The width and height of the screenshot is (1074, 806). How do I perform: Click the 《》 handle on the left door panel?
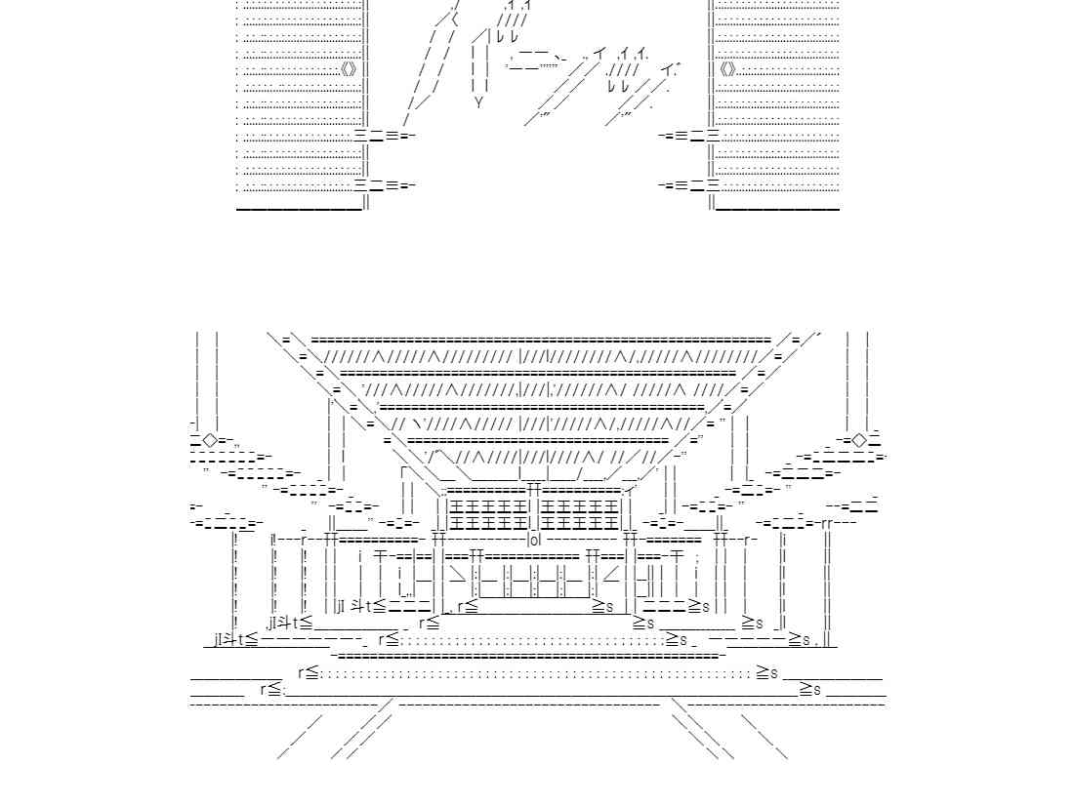[350, 69]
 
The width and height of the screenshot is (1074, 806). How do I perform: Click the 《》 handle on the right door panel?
[727, 69]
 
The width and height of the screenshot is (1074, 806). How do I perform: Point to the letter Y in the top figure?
[478, 101]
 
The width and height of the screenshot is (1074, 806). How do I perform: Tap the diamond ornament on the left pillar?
[210, 440]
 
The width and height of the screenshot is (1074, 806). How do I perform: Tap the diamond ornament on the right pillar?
[858, 440]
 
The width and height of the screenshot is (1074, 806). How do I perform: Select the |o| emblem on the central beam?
[534, 539]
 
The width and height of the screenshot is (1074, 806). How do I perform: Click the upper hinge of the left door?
[385, 136]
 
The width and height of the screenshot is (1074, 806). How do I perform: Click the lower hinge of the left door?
[385, 184]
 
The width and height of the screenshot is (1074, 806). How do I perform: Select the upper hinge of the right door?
[689, 136]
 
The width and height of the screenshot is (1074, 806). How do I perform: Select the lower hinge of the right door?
[689, 184]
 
